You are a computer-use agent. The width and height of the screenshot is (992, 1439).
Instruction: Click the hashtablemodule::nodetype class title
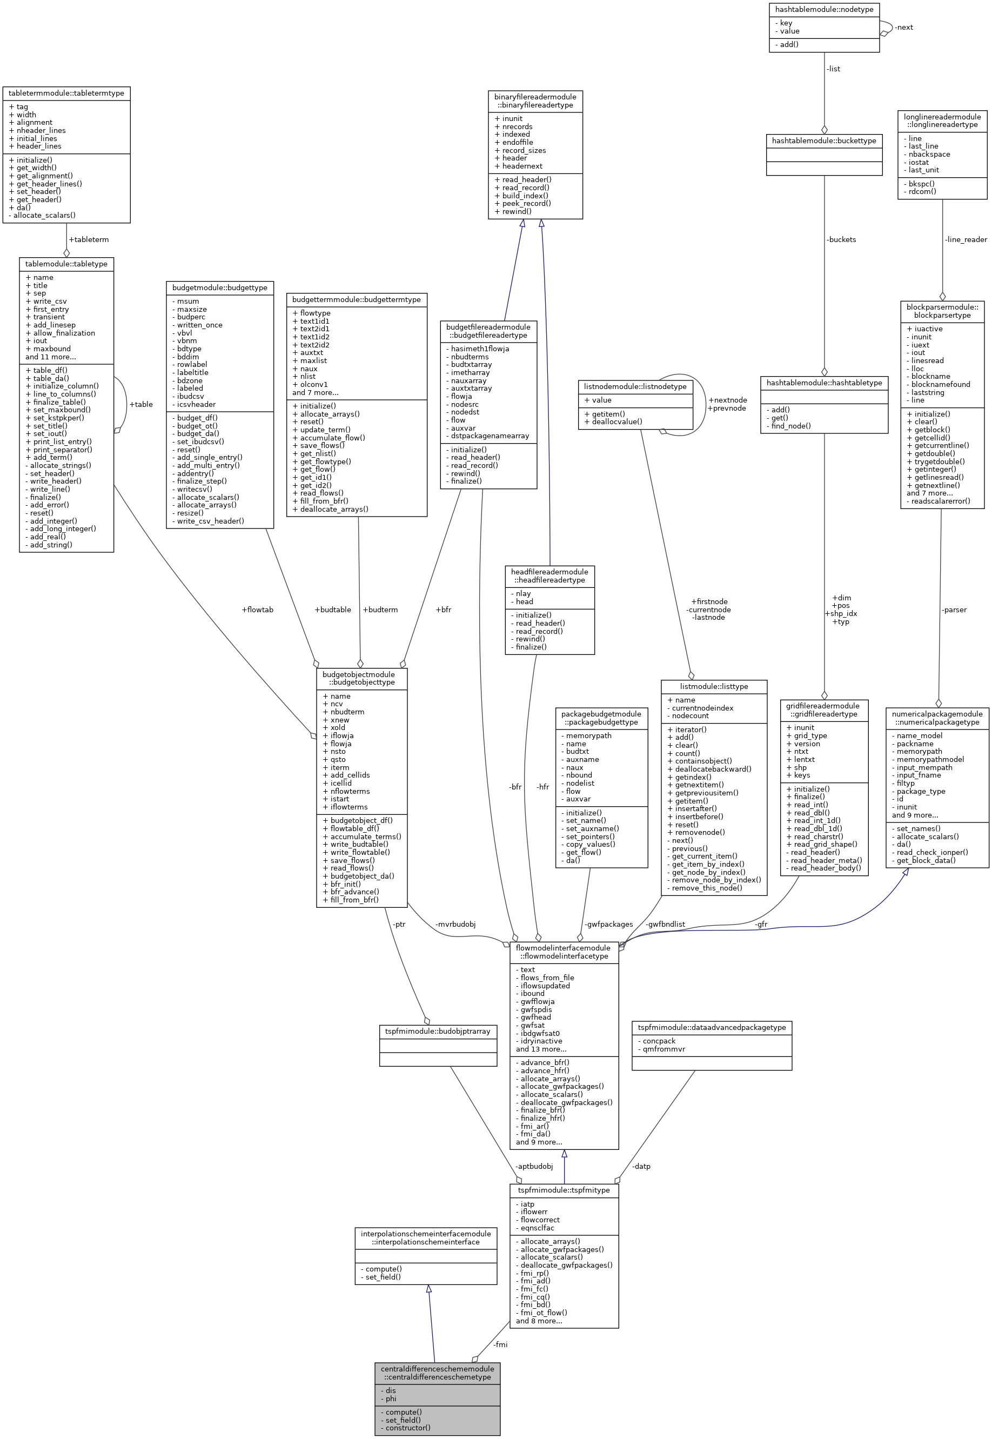823,9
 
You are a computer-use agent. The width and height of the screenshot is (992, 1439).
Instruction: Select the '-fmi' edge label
500,1344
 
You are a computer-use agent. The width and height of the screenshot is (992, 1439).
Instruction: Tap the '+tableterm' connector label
89,239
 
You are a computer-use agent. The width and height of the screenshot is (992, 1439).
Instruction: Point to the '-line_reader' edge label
966,239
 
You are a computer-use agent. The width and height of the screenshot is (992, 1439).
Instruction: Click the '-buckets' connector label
842,239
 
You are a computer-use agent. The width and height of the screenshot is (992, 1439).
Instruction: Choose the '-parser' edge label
954,610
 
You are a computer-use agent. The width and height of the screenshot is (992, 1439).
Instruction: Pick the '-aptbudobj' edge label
534,1166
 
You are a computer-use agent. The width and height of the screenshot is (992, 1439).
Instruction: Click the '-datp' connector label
641,1166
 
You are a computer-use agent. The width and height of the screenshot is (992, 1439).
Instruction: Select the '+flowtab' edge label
257,610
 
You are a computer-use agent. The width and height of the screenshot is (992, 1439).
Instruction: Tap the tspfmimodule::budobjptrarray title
438,1031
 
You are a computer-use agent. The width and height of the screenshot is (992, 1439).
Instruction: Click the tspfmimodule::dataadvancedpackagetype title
712,1027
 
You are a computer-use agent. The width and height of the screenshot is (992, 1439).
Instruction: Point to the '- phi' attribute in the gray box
391,1398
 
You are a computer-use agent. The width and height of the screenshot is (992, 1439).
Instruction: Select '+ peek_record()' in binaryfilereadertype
522,203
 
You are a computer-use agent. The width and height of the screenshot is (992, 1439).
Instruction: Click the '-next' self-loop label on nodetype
904,28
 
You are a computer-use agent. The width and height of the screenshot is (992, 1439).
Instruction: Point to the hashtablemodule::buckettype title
823,141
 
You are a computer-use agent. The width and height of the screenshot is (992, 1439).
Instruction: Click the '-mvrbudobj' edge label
455,925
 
